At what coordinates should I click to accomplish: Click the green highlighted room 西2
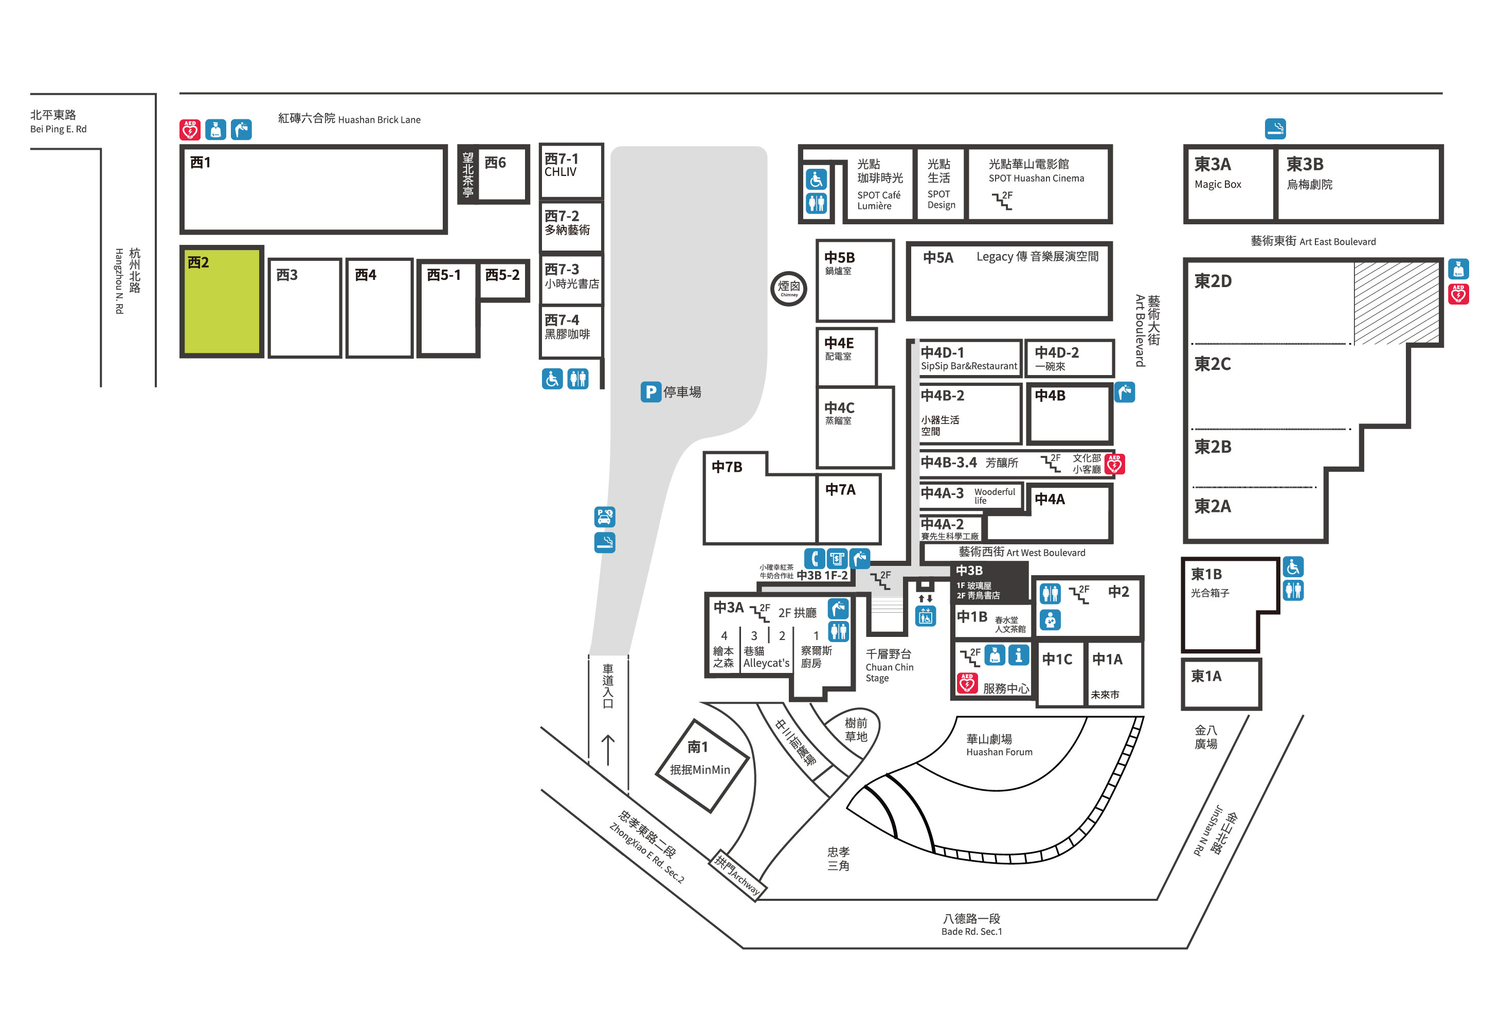pyautogui.click(x=222, y=301)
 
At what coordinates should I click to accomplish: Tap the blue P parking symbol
pyautogui.click(x=650, y=391)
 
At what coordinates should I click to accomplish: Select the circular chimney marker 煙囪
pyautogui.click(x=788, y=288)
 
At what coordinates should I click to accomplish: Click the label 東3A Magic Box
pyautogui.click(x=1217, y=173)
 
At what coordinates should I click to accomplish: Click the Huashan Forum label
pyautogui.click(x=999, y=752)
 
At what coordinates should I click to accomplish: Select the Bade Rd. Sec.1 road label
pyautogui.click(x=971, y=931)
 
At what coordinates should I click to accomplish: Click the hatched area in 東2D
pyautogui.click(x=1396, y=302)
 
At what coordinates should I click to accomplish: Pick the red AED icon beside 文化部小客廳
pyautogui.click(x=1115, y=464)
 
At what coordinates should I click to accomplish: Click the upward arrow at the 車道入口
pyautogui.click(x=607, y=750)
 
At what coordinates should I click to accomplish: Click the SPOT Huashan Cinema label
pyautogui.click(x=1036, y=178)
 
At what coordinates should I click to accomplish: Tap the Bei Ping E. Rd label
pyautogui.click(x=58, y=129)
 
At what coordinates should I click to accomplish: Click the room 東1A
pyautogui.click(x=1221, y=683)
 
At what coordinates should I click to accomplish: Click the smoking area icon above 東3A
pyautogui.click(x=1275, y=129)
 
